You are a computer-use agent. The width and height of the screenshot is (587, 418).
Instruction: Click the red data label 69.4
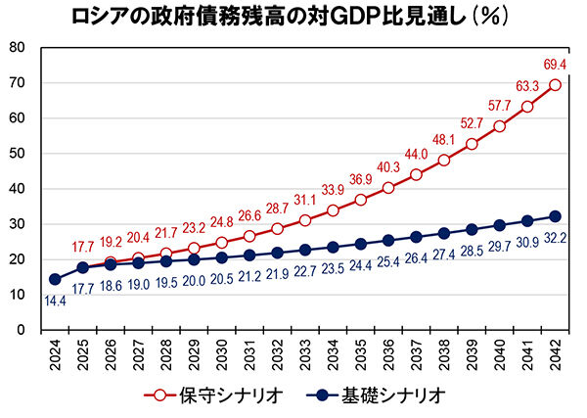[x=555, y=65]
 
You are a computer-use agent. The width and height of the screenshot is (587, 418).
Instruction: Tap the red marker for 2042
[x=556, y=84]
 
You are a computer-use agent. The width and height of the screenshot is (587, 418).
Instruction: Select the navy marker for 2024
[x=56, y=279]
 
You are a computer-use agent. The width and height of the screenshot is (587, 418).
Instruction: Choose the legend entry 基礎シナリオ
[x=385, y=395]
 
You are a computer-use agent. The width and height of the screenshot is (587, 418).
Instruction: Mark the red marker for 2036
[x=389, y=187]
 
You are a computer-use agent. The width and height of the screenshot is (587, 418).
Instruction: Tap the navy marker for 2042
[x=556, y=216]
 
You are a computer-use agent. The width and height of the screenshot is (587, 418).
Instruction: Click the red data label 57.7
[x=500, y=105]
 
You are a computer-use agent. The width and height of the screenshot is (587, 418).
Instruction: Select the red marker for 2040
[x=500, y=126]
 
